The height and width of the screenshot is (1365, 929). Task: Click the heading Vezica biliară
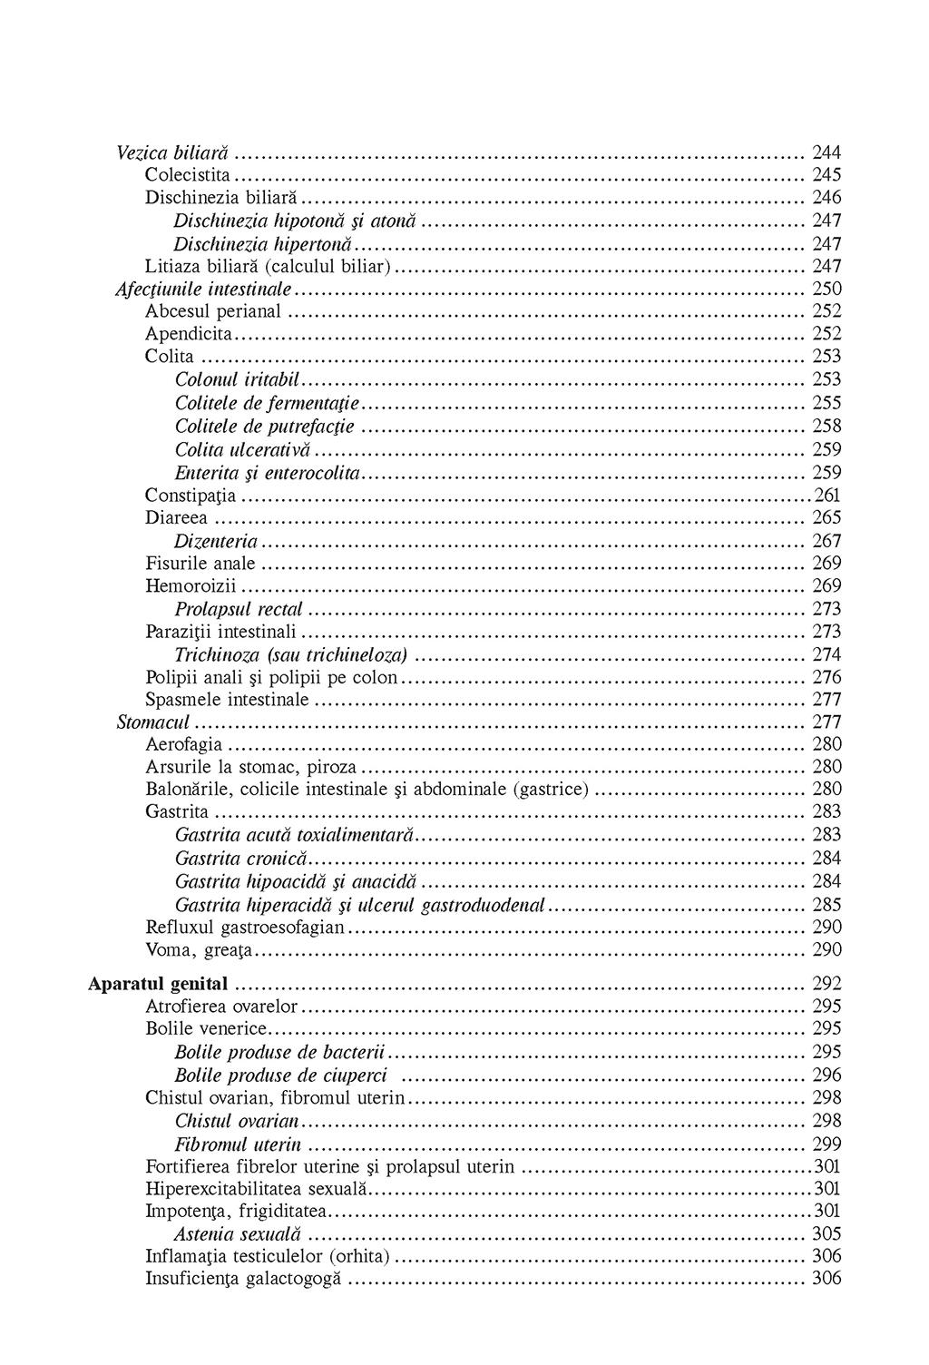[x=172, y=152]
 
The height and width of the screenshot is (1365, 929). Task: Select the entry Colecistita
[x=188, y=174]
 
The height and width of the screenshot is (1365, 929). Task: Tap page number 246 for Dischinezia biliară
[x=826, y=197]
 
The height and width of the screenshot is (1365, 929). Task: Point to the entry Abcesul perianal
[x=213, y=311]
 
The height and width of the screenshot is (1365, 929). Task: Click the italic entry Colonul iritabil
[x=237, y=379]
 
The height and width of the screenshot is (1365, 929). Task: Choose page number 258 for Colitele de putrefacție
[x=826, y=426]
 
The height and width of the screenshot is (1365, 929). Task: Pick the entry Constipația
[x=191, y=496]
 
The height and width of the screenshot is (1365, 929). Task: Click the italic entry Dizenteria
[x=216, y=541]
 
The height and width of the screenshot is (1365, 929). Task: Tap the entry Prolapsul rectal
[x=239, y=609]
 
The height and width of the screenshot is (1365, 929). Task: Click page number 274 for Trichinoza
[x=826, y=654]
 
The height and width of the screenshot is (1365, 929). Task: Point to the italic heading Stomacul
[x=153, y=722]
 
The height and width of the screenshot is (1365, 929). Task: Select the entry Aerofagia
[x=183, y=744]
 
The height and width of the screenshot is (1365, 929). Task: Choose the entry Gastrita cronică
[x=241, y=859]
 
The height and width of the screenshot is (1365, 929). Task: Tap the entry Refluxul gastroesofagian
[x=245, y=927]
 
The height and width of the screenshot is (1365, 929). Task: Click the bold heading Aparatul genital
[x=158, y=984]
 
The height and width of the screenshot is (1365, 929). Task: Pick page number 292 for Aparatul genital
[x=826, y=984]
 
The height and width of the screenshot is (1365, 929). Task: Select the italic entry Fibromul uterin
[x=238, y=1144]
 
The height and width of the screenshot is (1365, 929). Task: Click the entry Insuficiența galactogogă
[x=243, y=1279]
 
